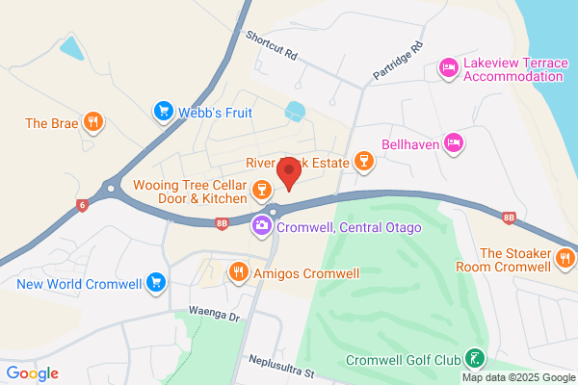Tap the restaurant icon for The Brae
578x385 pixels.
click(x=92, y=122)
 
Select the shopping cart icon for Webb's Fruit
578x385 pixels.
click(x=164, y=113)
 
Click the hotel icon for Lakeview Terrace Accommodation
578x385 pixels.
click(x=448, y=67)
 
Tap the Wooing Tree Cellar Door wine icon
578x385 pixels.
click(x=260, y=191)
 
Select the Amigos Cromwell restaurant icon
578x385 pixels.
click(x=238, y=273)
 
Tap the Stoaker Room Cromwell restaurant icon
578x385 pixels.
click(x=566, y=257)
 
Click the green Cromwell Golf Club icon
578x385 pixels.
click(x=474, y=360)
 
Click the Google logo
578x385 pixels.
click(x=32, y=373)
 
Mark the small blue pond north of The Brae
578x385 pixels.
click(x=70, y=46)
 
